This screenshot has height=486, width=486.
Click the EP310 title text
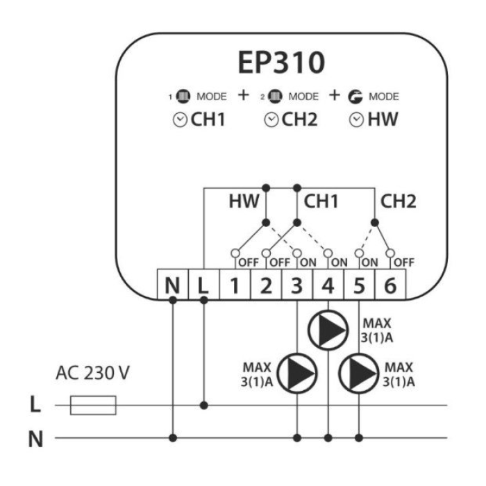[281, 62]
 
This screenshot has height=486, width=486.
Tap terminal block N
[173, 285]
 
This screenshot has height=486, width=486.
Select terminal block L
[203, 285]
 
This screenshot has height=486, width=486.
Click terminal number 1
[235, 285]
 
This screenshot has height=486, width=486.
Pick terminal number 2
[266, 285]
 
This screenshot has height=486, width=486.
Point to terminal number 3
[297, 285]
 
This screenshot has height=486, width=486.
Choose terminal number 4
[328, 285]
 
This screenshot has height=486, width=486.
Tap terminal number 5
[359, 285]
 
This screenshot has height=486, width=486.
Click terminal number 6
[390, 285]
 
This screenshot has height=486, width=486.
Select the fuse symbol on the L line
[93, 405]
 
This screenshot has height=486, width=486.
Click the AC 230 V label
[92, 373]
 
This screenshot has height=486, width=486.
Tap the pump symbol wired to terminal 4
[328, 330]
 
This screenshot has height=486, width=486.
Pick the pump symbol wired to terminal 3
[297, 374]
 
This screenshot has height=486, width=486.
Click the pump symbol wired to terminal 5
[359, 374]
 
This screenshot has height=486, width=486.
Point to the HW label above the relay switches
[244, 201]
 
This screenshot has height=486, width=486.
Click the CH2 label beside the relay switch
[398, 201]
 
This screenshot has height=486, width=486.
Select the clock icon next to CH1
[180, 120]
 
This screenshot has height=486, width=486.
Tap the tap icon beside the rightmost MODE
[355, 97]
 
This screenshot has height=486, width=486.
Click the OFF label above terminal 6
[404, 263]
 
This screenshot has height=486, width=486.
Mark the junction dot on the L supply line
[203, 405]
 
